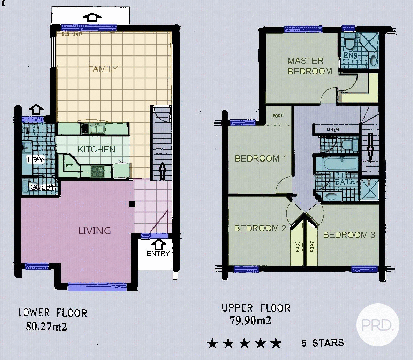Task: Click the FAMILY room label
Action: pos(103,69)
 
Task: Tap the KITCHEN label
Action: pos(96,149)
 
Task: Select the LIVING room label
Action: pos(95,231)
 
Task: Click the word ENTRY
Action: pos(158,254)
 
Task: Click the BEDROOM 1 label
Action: pos(260,158)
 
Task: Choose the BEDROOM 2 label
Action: pos(260,228)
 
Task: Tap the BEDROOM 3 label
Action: pos(349,235)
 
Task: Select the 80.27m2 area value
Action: pos(46,327)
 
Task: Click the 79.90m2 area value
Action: pos(250,321)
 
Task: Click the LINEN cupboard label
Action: pos(333,129)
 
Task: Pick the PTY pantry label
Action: pos(69,166)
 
